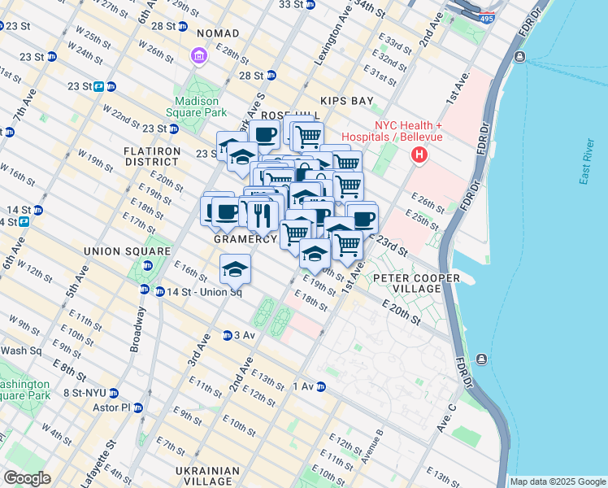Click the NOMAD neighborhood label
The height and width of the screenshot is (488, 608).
(217, 33)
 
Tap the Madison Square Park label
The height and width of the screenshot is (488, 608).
(197, 107)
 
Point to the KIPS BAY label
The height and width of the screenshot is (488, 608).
(346, 101)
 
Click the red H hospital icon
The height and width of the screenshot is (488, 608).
(419, 155)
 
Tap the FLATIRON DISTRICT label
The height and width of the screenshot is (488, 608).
(151, 156)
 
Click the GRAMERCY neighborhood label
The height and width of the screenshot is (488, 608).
(245, 240)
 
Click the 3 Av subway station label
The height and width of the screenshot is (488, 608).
(245, 335)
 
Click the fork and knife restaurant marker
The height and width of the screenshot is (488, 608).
(260, 215)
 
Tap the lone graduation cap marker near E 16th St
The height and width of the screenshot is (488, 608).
(234, 268)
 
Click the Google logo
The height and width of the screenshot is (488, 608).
(28, 478)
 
